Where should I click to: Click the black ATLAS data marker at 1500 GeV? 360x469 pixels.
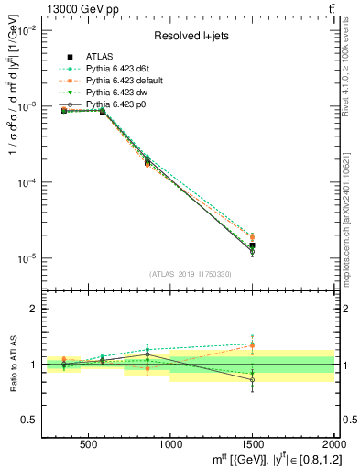252,245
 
